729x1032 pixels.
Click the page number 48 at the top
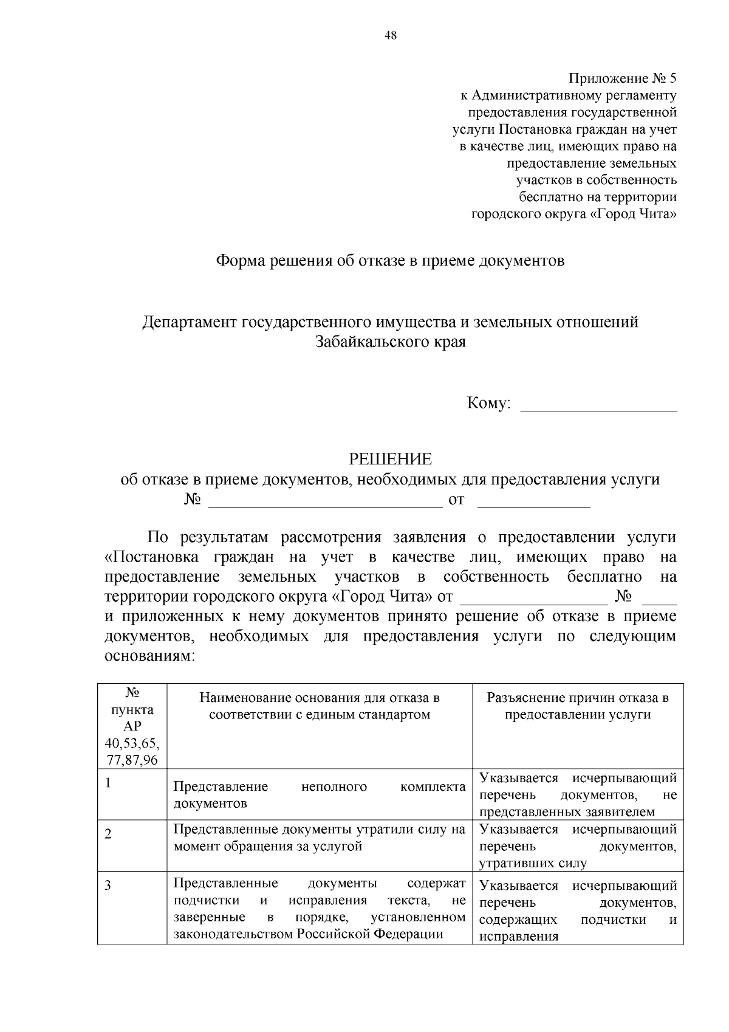pyautogui.click(x=391, y=36)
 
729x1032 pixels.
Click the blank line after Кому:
pyautogui.click(x=599, y=405)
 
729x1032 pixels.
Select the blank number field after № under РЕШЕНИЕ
pyautogui.click(x=325, y=501)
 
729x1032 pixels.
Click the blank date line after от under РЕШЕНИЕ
pyautogui.click(x=534, y=501)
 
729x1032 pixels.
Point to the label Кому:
pyautogui.click(x=488, y=404)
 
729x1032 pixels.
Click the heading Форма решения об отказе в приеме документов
pyautogui.click(x=391, y=261)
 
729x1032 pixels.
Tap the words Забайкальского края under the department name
pyautogui.click(x=391, y=342)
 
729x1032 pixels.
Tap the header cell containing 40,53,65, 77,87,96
pyautogui.click(x=132, y=751)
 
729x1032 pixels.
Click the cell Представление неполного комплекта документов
pyautogui.click(x=320, y=795)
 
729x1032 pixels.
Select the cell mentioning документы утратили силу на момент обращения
pyautogui.click(x=320, y=838)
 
